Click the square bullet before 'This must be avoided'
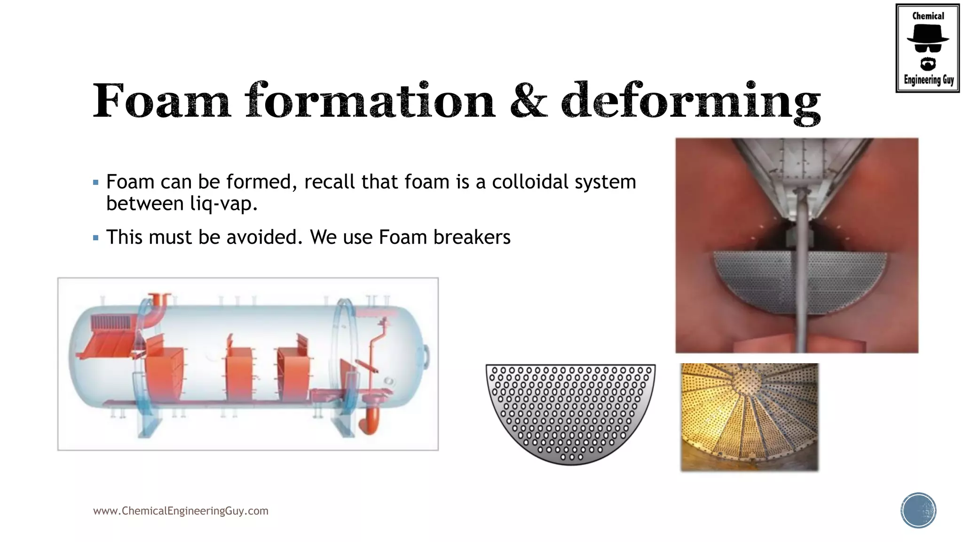pos(96,238)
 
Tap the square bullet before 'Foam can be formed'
pos(96,182)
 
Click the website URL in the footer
pos(181,511)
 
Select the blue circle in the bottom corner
pos(918,510)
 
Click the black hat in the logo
pos(927,34)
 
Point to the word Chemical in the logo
pos(928,16)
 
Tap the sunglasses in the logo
pos(928,48)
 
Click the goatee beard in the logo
pos(928,64)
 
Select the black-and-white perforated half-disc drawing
pos(570,409)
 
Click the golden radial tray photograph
pos(750,417)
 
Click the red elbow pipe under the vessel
pos(370,416)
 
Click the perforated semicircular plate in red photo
pos(762,282)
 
